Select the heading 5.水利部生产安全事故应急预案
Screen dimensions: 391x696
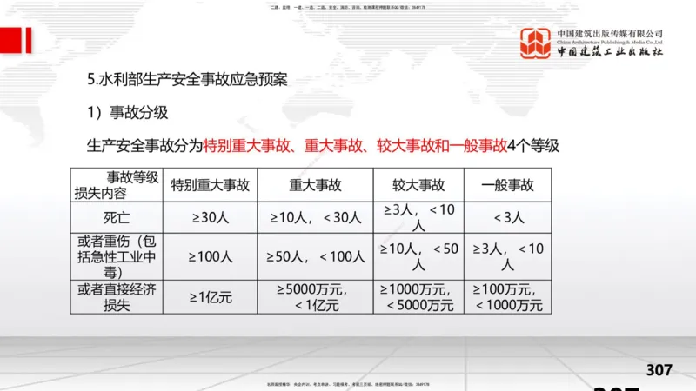[187, 78]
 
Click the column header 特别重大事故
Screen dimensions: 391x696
[210, 185]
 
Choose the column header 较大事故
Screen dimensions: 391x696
[418, 185]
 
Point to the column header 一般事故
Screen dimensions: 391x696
[508, 185]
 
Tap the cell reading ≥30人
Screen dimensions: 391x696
[210, 217]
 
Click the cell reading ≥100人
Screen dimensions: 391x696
[210, 256]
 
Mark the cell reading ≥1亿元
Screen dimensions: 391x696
[210, 296]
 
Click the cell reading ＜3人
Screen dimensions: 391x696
[508, 217]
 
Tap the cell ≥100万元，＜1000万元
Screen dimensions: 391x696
[508, 296]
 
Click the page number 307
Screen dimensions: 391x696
[659, 371]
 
